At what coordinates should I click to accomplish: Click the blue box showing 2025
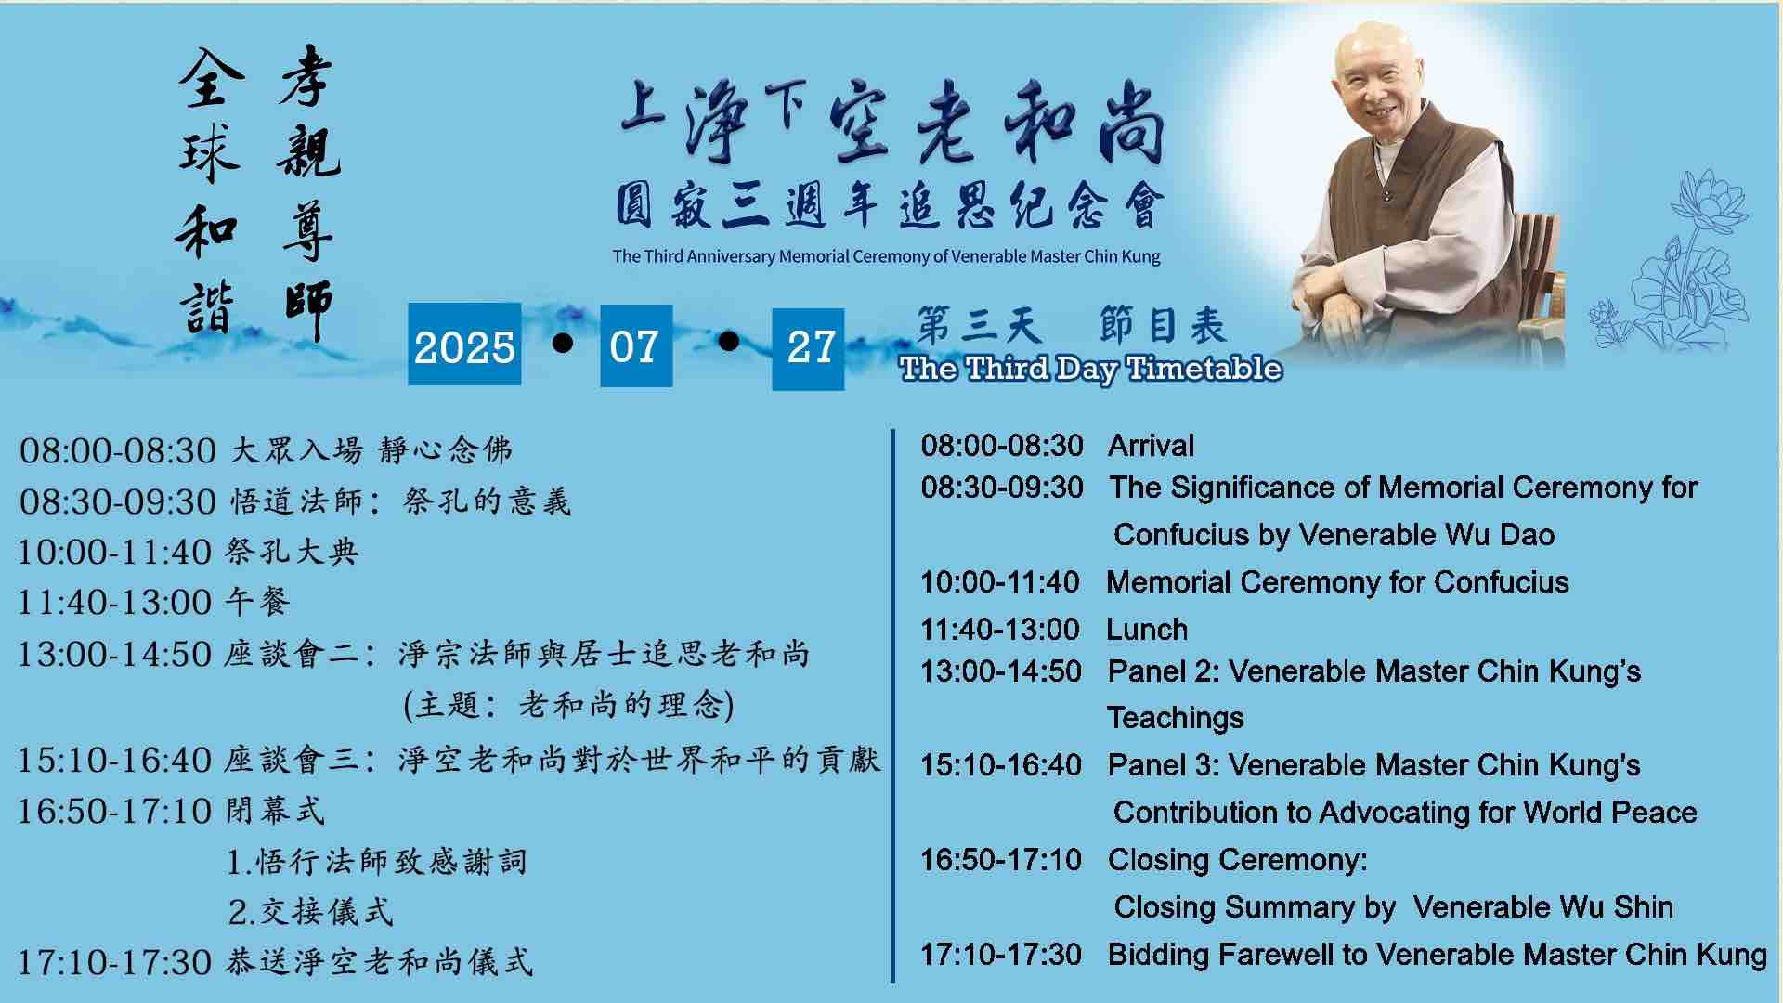pos(464,345)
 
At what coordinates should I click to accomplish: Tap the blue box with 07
pos(636,345)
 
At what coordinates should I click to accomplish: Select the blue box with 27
pos(808,348)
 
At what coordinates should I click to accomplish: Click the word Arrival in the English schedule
pos(1151,446)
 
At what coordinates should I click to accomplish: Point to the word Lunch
pos(1147,630)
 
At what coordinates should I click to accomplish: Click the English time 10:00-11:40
pos(1000,582)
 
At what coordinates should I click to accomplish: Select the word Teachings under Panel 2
pos(1176,718)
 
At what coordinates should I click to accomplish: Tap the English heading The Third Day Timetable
pos(1090,369)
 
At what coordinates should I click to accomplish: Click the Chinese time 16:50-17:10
pos(115,812)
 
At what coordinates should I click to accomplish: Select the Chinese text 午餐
pos(257,603)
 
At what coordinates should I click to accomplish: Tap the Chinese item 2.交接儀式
pos(310,912)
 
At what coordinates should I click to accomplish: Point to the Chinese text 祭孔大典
pos(292,552)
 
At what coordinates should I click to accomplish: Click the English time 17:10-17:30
pos(1001,955)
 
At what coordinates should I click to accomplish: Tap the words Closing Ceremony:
pos(1237,861)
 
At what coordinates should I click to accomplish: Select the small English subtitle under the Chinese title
pos(886,256)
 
